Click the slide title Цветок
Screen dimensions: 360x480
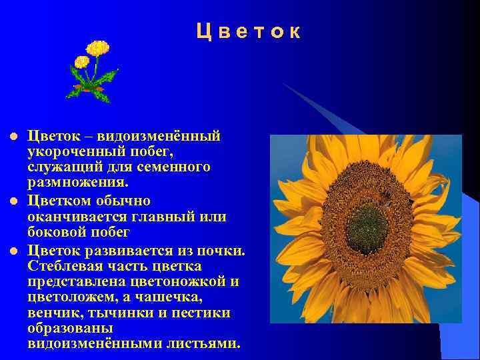click(249, 31)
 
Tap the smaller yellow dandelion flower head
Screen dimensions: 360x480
click(82, 62)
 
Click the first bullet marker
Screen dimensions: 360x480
click(11, 137)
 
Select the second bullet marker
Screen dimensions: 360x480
click(11, 201)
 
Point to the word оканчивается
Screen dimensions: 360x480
click(75, 217)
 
